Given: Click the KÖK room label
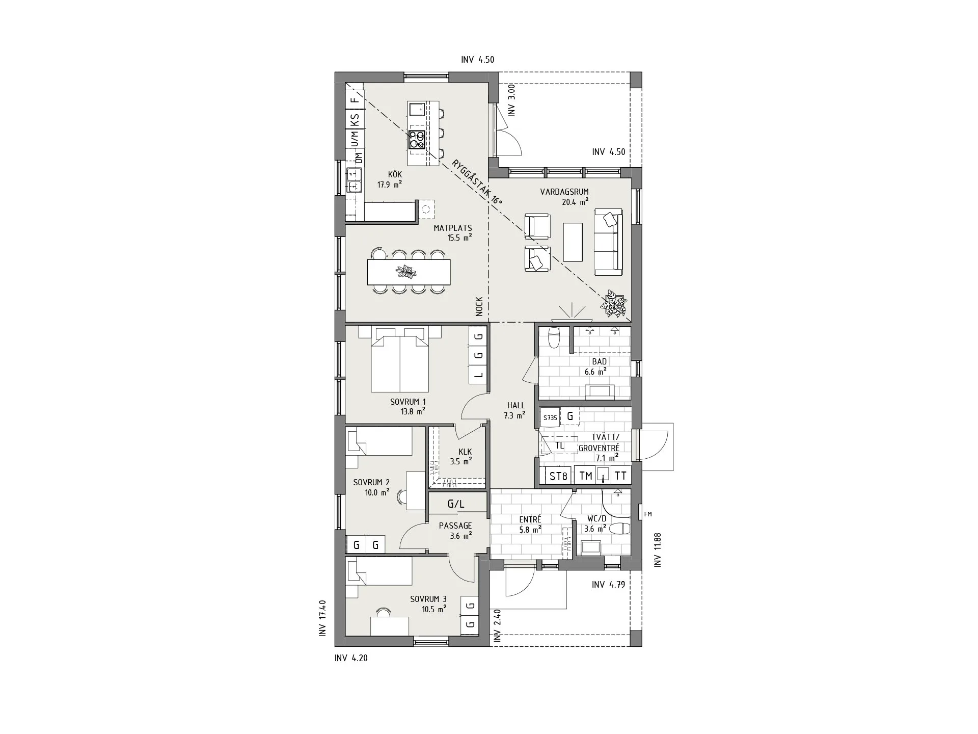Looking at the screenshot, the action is [x=395, y=175].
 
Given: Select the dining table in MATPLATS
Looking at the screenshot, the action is [x=409, y=272].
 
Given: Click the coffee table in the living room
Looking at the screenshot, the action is [x=573, y=241].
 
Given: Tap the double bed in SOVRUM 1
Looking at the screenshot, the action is [x=400, y=360].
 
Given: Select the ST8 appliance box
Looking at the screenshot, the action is [x=558, y=476].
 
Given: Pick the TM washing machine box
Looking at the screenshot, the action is [x=586, y=476].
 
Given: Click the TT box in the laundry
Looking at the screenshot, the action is [x=620, y=476].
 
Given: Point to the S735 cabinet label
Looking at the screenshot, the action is [x=550, y=417].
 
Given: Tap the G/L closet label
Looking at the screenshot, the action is [x=456, y=504].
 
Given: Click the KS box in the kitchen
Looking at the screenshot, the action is [x=355, y=120].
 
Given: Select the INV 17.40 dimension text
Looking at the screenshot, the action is [x=322, y=618].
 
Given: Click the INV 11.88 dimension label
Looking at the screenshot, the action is [x=658, y=549].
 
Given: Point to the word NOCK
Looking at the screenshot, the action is [x=479, y=307].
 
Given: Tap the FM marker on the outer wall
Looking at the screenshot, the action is [x=648, y=514].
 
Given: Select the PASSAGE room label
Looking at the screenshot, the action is [x=455, y=526].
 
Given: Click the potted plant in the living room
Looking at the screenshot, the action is [x=614, y=304].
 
